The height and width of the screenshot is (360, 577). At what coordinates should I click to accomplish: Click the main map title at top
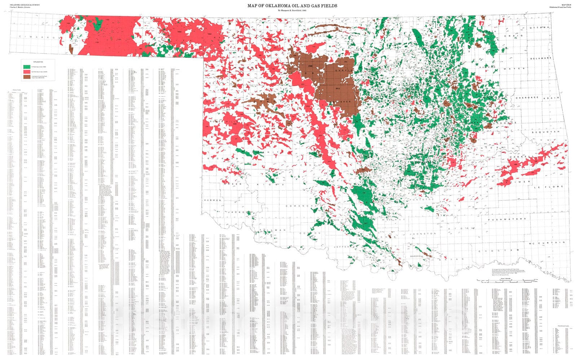(292, 5)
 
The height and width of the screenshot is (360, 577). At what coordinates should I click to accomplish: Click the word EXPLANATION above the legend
(38, 62)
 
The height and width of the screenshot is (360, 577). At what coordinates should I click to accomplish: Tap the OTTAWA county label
(539, 27)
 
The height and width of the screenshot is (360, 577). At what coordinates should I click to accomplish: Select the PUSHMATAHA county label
(507, 219)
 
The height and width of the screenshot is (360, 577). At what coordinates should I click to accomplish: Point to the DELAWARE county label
(541, 58)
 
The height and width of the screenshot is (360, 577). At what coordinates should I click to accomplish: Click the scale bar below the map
(507, 280)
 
